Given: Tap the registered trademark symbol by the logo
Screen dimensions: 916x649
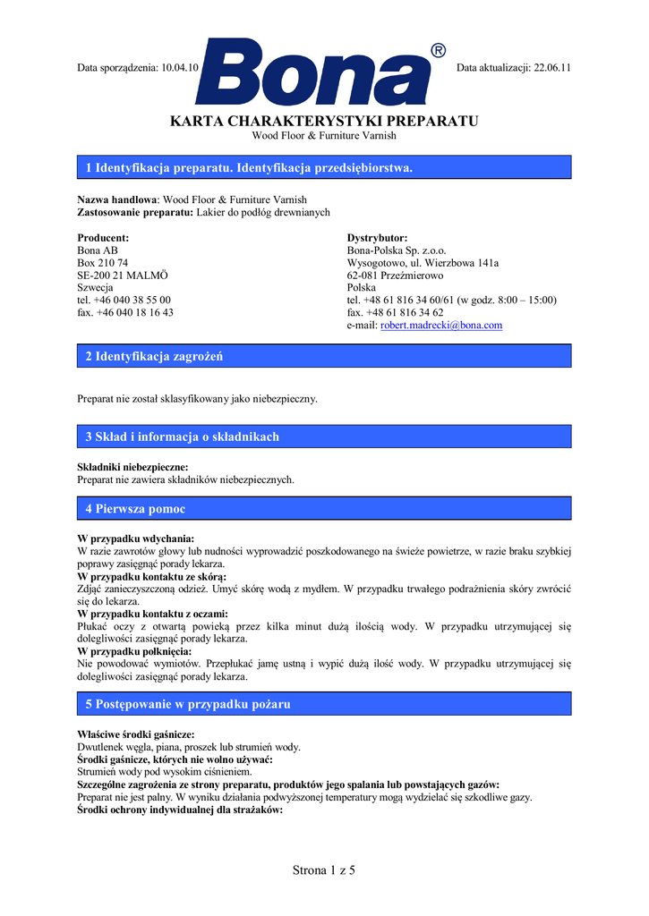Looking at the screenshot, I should coord(438,50).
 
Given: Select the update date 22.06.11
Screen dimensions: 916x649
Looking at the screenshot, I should coord(552,68).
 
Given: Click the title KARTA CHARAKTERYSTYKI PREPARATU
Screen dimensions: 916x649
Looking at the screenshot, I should coord(324,122).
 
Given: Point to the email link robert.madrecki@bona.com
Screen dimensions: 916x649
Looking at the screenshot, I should coord(441,326).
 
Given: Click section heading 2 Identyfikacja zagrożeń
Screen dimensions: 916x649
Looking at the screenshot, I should coord(154,357).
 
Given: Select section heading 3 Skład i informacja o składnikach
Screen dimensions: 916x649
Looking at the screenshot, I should coord(183,437).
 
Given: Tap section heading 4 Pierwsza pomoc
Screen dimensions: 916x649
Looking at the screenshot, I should coord(135,509).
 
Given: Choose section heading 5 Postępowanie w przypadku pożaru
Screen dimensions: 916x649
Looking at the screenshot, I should coord(188,704).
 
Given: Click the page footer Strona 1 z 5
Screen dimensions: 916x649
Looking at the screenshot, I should coord(324,871).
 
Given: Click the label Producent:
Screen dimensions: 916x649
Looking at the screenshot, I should coord(103,238).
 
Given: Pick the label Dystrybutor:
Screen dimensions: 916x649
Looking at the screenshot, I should coord(377,238).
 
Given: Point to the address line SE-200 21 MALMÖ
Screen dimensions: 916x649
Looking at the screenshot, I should coord(123,276).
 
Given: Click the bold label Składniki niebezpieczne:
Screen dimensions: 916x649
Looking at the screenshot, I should coord(132,467).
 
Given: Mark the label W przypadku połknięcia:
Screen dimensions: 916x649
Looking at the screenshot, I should coord(134,651).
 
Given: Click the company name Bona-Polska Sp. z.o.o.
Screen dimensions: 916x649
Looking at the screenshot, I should coord(396,250).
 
